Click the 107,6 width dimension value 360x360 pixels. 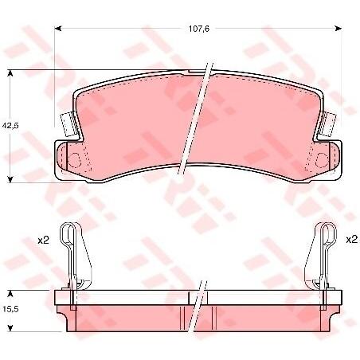tap(199, 29)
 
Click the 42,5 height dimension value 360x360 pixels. tap(10, 125)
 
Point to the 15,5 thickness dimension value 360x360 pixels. tap(10, 309)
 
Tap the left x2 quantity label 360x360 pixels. tap(43, 241)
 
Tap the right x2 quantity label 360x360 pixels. tap(351, 240)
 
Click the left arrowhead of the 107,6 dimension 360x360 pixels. tap(58, 28)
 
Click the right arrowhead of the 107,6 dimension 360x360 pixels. tap(338, 28)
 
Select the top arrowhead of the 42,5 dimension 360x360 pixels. tap(10, 73)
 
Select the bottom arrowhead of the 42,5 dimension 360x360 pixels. tap(10, 179)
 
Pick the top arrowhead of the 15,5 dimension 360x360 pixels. tap(10, 294)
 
